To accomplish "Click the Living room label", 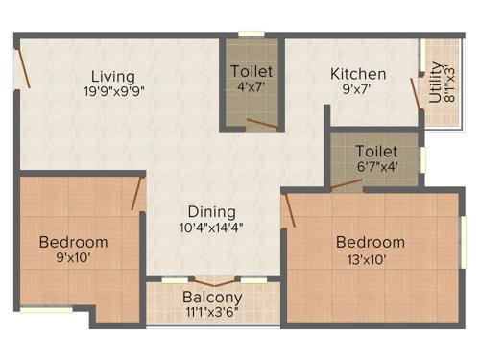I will pos(112,76).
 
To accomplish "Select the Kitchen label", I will pos(358,74).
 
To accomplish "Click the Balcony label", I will pos(212,297).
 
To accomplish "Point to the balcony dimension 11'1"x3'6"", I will pos(212,312).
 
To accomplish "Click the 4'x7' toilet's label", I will pos(252,71).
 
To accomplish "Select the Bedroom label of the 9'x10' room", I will pos(73,242).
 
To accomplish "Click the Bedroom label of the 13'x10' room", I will pos(370,242).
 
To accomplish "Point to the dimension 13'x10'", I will pos(370,259).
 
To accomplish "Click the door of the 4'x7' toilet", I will pos(261,123).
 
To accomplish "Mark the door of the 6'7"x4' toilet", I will pos(347,185).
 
